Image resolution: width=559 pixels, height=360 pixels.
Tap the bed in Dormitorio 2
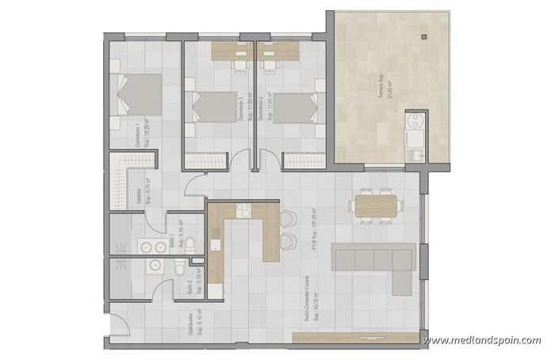[x=291, y=105]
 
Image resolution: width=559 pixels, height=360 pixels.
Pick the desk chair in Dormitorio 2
[x=271, y=63]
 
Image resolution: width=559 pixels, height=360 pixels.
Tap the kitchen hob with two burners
[x=243, y=210]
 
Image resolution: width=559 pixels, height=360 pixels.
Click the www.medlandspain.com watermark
[x=482, y=341]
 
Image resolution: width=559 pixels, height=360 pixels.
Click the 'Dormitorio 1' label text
[x=138, y=135]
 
